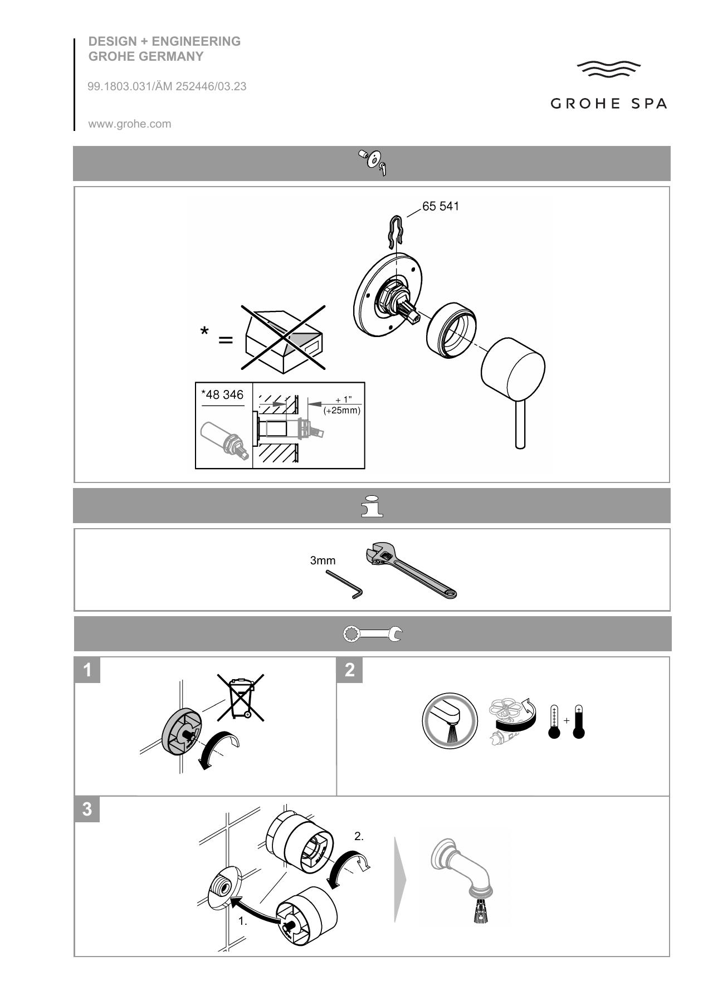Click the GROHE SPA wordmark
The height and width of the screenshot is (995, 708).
tap(608, 104)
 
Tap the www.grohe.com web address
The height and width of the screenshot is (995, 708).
tap(130, 124)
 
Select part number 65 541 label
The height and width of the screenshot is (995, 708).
tap(441, 206)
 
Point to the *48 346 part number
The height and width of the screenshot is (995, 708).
tap(222, 395)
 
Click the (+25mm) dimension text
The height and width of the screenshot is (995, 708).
tap(342, 411)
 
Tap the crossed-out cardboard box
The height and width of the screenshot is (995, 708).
tap(284, 339)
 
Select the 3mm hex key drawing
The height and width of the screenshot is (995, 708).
tap(344, 584)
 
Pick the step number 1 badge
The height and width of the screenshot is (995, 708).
tap(87, 670)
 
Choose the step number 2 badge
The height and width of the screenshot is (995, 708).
tap(350, 670)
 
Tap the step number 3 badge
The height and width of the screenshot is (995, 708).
tap(87, 809)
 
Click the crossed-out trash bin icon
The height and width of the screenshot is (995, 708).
tap(241, 696)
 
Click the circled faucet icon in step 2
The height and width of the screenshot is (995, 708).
tap(450, 721)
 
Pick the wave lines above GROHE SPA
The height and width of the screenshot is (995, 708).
tap(608, 70)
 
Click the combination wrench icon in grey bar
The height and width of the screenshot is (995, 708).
tap(372, 634)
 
